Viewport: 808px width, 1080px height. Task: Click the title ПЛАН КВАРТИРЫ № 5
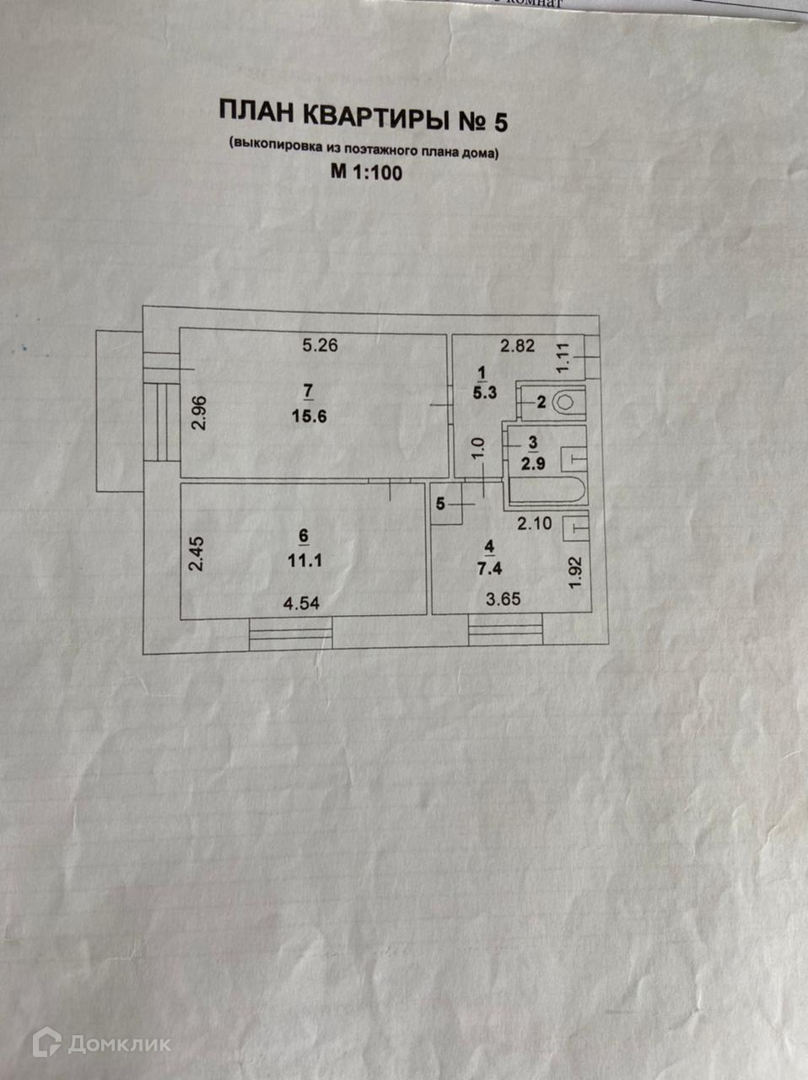tap(364, 117)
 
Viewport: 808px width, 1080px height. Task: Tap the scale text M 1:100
tap(367, 174)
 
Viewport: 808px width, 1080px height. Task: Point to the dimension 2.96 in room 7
tap(199, 414)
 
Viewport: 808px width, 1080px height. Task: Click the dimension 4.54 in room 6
tap(301, 604)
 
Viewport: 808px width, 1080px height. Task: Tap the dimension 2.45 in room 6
tap(197, 555)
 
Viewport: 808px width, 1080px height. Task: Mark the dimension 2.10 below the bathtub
tap(534, 524)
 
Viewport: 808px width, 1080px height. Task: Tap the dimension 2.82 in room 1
tap(517, 345)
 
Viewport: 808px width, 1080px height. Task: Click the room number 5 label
tap(440, 505)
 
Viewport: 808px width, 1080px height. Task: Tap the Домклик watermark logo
tap(102, 1044)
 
